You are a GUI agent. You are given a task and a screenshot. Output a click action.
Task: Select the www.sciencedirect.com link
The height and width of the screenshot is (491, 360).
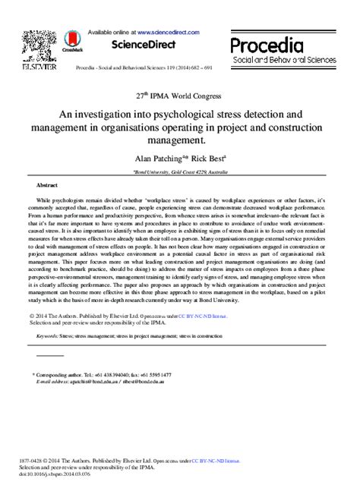(x=169, y=32)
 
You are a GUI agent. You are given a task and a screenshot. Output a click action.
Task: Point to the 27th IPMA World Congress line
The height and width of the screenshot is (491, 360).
(x=180, y=97)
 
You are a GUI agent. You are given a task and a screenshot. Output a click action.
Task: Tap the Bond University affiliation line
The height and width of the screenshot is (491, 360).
(x=179, y=172)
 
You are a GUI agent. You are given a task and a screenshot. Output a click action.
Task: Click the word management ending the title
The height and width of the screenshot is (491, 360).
(x=179, y=140)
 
